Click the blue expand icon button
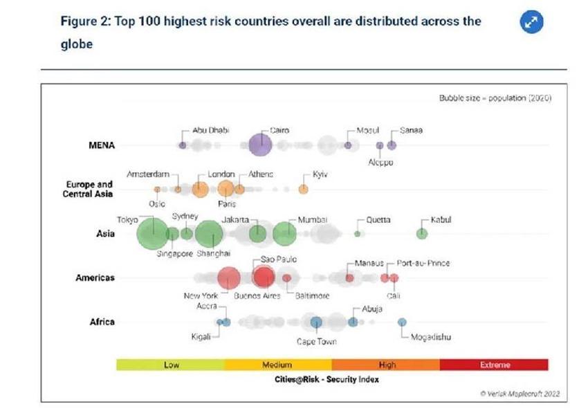(x=531, y=22)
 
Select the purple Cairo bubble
(x=260, y=145)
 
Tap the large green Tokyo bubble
(x=152, y=234)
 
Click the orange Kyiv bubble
(x=304, y=189)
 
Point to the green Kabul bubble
(x=422, y=234)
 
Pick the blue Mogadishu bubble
(x=402, y=322)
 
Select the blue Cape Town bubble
(x=316, y=322)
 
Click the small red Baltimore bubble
(x=286, y=278)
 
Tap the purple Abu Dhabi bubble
(x=182, y=145)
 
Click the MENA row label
(x=102, y=145)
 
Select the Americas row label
(x=95, y=277)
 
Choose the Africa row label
(x=102, y=322)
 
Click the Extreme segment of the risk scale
(x=494, y=365)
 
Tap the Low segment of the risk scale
(x=171, y=365)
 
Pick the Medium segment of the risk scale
(x=278, y=365)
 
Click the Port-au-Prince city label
(x=423, y=263)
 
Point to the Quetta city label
(x=378, y=220)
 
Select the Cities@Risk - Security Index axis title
(x=327, y=379)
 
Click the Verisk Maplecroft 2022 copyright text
(x=520, y=394)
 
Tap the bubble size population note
(x=495, y=98)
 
